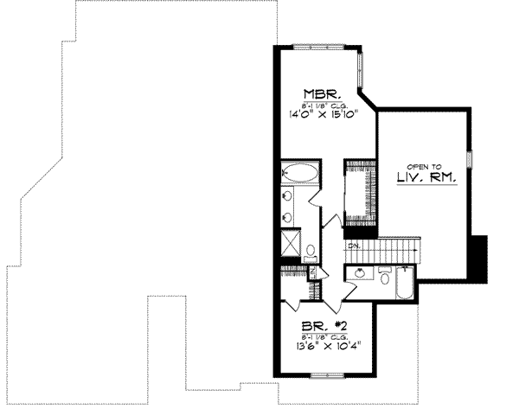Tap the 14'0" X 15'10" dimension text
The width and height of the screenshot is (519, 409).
pyautogui.click(x=318, y=113)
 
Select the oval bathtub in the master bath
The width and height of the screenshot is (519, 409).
pyautogui.click(x=299, y=172)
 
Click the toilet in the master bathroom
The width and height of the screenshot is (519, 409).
pyautogui.click(x=309, y=251)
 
